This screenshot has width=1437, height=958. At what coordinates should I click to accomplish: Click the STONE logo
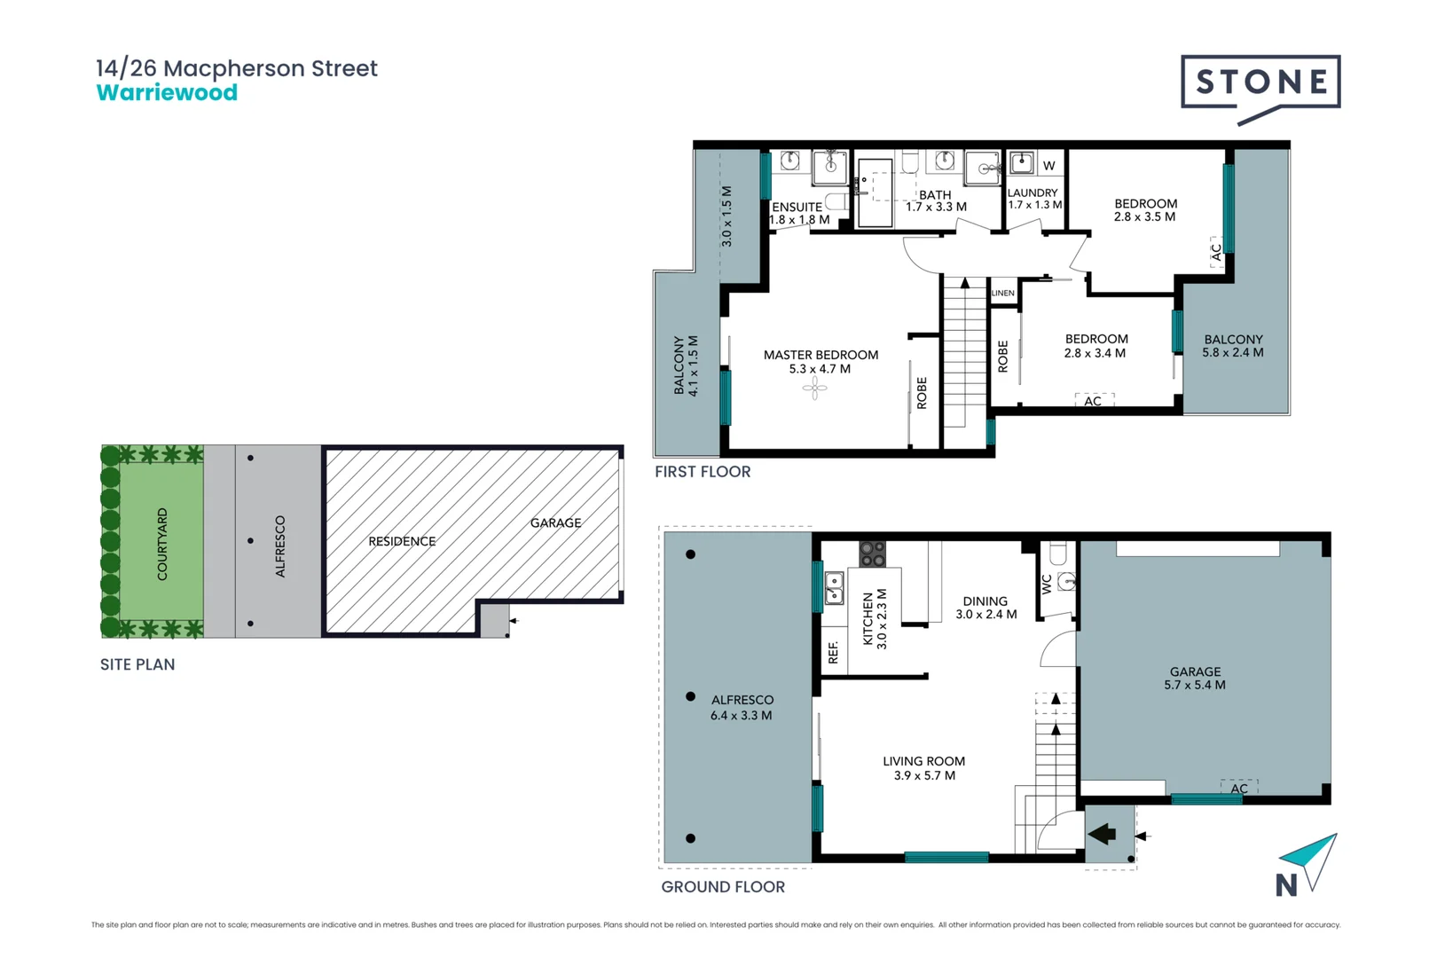[1260, 83]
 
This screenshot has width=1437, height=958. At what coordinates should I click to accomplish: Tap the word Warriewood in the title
[167, 93]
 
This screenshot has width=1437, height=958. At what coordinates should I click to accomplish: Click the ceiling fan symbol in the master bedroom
[814, 388]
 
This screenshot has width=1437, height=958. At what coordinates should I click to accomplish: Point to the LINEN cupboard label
[1003, 293]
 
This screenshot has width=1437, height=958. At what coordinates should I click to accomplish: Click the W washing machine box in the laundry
[1049, 166]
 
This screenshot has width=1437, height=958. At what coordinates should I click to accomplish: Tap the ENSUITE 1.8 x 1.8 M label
[798, 213]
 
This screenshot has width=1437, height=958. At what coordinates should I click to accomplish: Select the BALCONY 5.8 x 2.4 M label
[1233, 346]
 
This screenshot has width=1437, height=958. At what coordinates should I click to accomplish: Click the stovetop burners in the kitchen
[872, 554]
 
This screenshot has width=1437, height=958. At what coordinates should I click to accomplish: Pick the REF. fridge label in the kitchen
[833, 652]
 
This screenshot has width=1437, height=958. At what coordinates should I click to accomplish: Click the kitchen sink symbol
[834, 588]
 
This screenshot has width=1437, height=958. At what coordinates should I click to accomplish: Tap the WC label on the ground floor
[1047, 584]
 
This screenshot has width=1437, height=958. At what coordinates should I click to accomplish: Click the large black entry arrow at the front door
[1103, 834]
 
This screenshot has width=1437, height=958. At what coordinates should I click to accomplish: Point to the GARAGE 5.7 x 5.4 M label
[1195, 678]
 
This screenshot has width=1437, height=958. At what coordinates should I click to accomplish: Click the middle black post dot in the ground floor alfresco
[690, 696]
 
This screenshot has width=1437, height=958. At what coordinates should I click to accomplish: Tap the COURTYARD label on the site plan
[162, 544]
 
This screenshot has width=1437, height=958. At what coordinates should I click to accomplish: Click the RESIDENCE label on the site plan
[402, 541]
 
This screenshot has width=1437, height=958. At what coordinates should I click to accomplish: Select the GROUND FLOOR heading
[723, 887]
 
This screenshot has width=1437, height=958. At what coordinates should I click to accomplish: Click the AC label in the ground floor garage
[1239, 789]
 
